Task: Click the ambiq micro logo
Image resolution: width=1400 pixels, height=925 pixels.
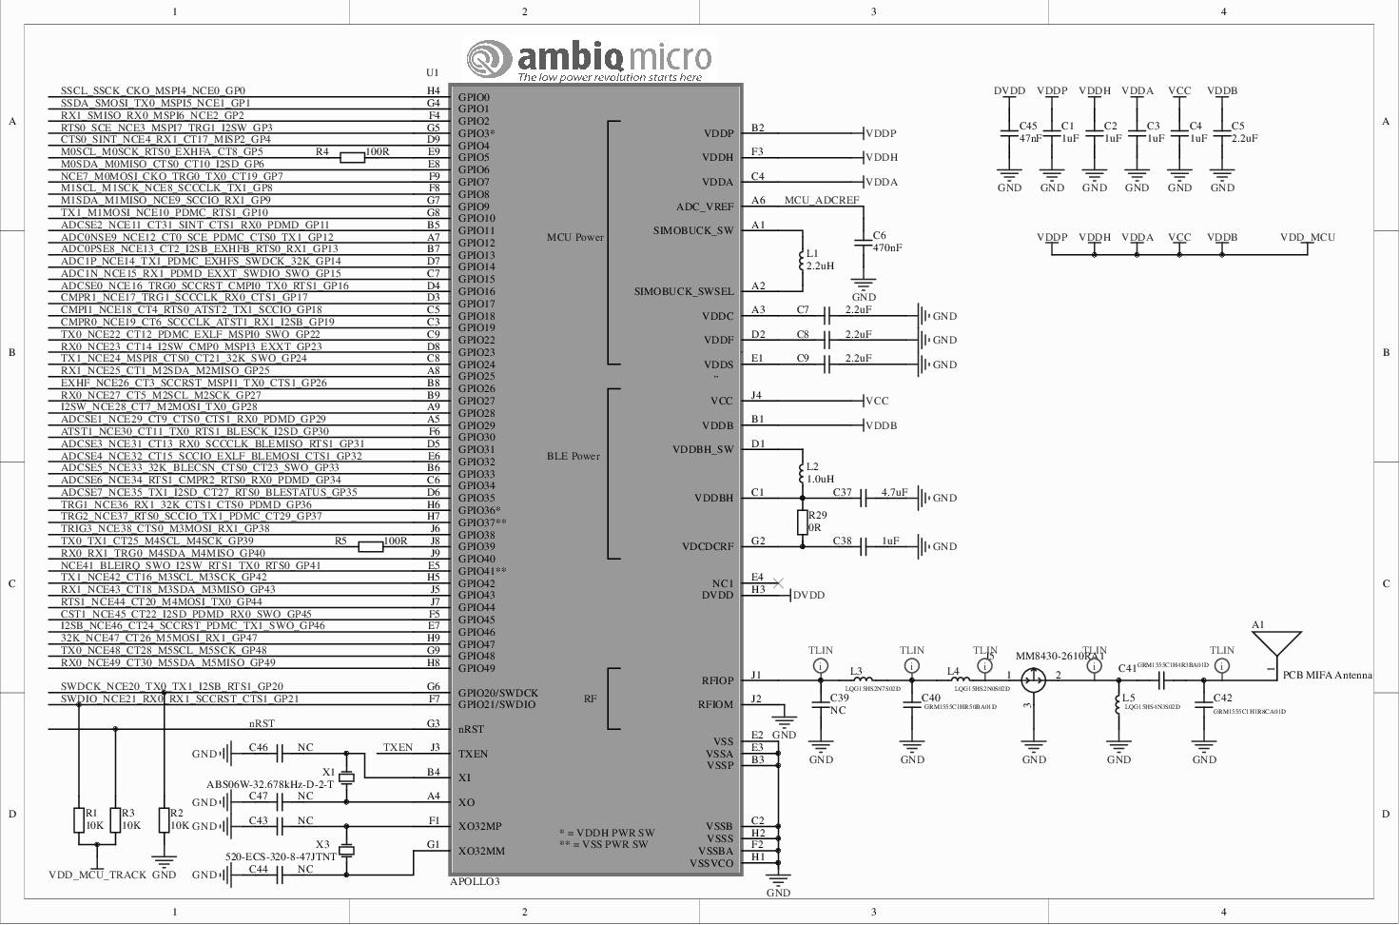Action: tap(590, 60)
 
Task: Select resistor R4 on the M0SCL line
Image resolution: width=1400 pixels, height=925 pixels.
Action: tap(352, 158)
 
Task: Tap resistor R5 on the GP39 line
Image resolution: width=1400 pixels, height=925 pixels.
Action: tap(371, 546)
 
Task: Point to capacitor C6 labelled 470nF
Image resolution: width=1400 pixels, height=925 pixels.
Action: tap(864, 242)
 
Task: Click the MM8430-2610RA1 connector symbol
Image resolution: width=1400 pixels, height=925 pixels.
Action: tap(1034, 679)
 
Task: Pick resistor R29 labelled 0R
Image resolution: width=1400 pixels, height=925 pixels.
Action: tap(803, 522)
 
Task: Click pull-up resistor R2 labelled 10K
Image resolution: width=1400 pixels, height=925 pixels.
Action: tap(164, 820)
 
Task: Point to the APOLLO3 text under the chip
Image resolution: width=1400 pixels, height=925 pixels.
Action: tap(475, 882)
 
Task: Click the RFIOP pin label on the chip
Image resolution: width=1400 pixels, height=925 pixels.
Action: tap(717, 680)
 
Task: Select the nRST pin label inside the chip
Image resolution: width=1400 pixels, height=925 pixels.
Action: tap(472, 730)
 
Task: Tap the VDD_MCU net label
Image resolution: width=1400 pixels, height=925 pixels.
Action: tap(1307, 238)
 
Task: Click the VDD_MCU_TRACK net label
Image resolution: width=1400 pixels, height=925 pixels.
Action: tap(98, 875)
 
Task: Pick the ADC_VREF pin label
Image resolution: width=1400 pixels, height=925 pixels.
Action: tap(705, 207)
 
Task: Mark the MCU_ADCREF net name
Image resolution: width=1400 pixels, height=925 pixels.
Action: tap(822, 201)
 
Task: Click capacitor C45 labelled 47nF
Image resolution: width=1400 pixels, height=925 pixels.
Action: tap(1010, 132)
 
